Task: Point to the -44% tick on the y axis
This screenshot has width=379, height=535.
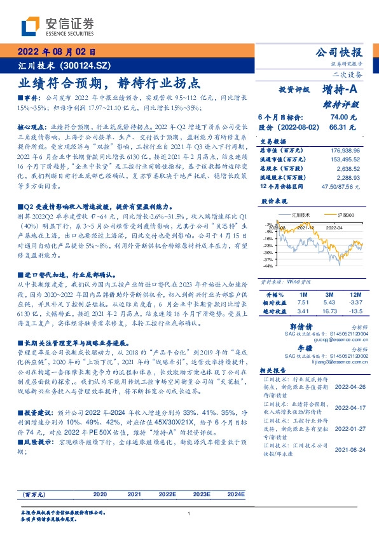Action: tap(267, 267)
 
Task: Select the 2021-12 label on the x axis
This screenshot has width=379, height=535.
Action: tap(305, 227)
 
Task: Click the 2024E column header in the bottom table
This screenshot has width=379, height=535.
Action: tap(235, 494)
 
